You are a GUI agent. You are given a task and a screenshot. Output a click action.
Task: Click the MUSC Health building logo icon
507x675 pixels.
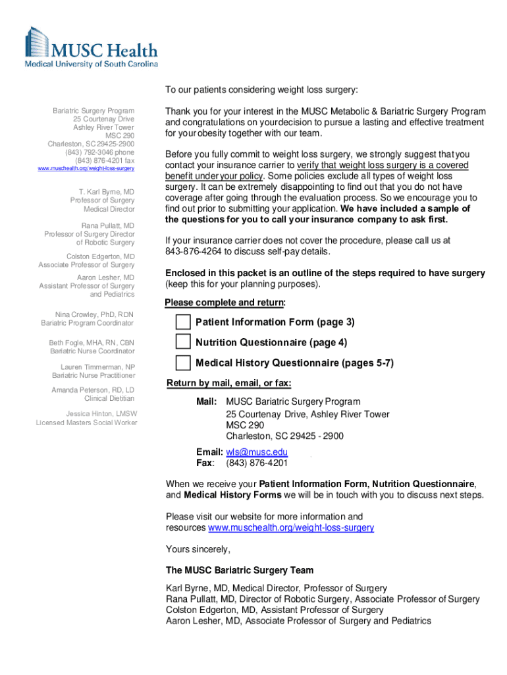coord(37,42)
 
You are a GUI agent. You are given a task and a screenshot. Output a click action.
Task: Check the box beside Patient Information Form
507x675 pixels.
coord(182,322)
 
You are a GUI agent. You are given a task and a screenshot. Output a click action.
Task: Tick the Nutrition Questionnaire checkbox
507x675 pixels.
coord(182,342)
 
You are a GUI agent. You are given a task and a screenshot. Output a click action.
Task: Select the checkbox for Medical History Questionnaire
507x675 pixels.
coord(182,363)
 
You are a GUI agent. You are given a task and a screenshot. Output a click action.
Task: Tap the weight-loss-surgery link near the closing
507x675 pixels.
coord(291,528)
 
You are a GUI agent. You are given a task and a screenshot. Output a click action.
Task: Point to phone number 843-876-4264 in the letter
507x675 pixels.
coord(195,252)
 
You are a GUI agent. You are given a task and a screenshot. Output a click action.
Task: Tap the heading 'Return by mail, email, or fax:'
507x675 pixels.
coord(229,384)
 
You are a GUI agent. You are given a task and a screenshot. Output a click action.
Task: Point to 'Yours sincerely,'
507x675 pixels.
coord(198,549)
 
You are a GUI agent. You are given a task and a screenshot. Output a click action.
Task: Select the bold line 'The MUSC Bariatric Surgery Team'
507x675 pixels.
coord(240,570)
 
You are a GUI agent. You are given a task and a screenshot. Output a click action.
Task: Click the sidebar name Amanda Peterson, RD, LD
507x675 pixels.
coord(93,390)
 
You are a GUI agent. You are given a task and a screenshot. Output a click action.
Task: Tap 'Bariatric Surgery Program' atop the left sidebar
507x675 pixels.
coord(93,111)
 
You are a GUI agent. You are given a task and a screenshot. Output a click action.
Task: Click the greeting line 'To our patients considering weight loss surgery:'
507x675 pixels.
coord(261,90)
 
